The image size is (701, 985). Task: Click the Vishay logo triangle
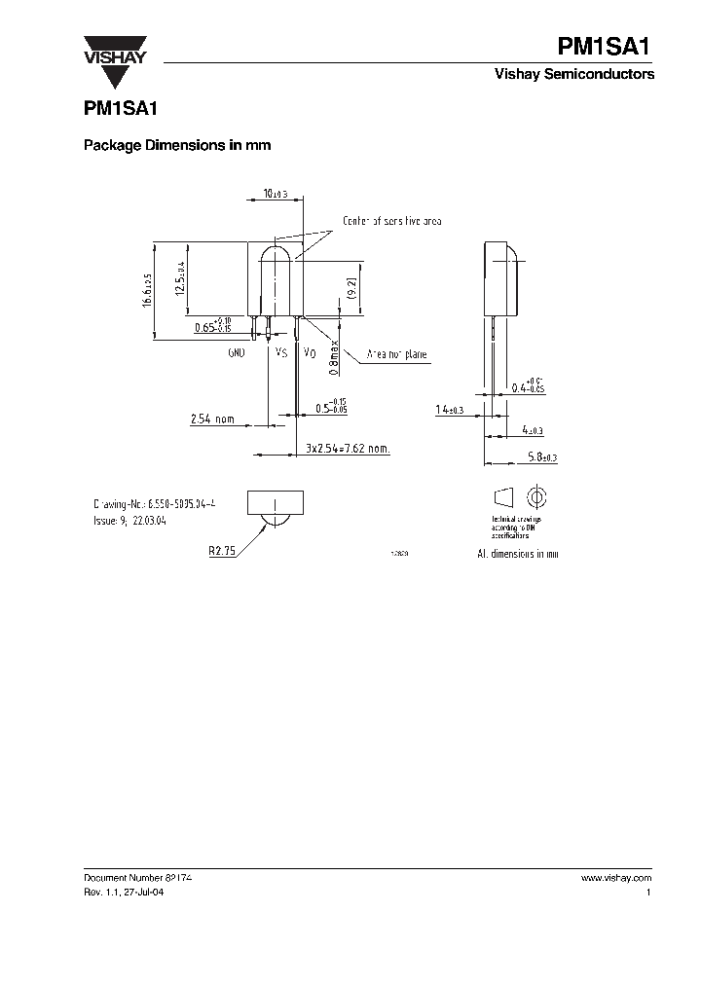point(114,47)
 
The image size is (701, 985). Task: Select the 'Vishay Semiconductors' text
point(588,75)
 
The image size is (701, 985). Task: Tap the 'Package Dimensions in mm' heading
point(176,145)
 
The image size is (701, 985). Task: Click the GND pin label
point(236,352)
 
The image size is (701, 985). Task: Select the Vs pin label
point(281,352)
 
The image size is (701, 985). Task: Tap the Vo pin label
point(309,352)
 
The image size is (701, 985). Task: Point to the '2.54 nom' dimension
point(212,420)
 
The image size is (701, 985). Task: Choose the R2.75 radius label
point(222,550)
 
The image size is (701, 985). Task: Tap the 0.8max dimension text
point(333,356)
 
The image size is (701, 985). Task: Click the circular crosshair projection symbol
point(534,497)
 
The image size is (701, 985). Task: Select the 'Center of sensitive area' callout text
point(391,222)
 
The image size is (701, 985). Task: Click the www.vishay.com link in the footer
point(615,877)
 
